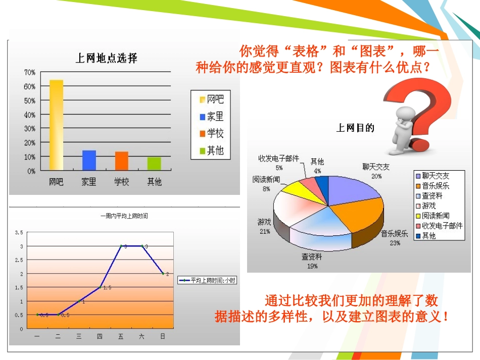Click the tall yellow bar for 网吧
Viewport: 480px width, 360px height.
click(x=56, y=125)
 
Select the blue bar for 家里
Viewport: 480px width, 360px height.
click(x=89, y=161)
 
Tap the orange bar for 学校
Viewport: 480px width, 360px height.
click(x=122, y=161)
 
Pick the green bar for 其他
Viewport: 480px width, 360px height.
click(x=154, y=164)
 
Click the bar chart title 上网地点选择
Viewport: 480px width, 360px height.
click(x=106, y=58)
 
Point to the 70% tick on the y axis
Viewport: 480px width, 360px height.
click(x=29, y=73)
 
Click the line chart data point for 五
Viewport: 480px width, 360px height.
click(x=121, y=246)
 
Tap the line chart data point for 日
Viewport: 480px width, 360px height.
click(x=163, y=274)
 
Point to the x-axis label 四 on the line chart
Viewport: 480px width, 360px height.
click(x=100, y=336)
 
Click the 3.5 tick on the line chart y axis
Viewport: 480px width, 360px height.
click(x=19, y=232)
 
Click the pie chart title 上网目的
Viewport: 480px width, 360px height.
click(x=355, y=128)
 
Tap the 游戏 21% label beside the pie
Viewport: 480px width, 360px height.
click(x=264, y=226)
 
